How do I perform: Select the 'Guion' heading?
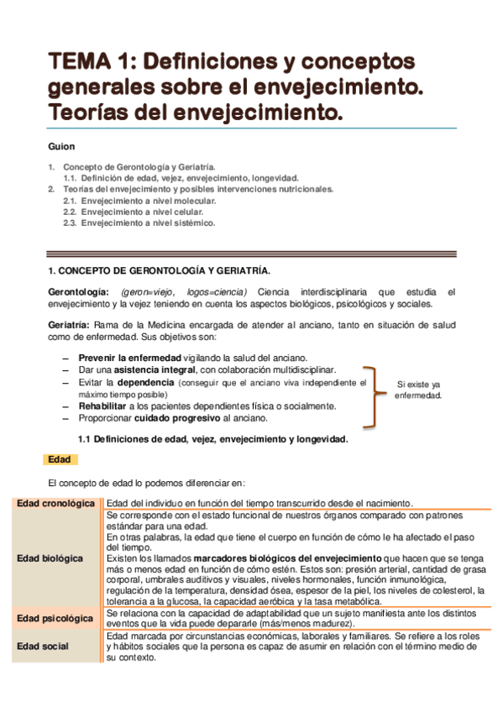(x=61, y=146)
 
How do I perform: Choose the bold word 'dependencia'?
(x=141, y=382)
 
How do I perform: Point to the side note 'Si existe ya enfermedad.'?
(x=418, y=390)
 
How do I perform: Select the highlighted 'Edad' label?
(x=60, y=459)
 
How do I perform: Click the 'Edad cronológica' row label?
(x=55, y=503)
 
